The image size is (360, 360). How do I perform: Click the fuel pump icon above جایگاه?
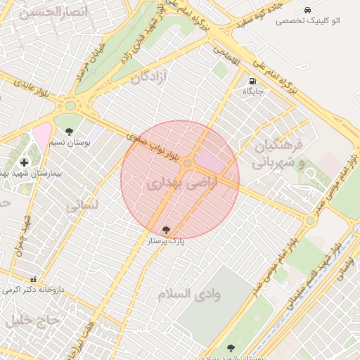(x=252, y=81)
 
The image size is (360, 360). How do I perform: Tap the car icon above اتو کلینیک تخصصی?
(x=307, y=10)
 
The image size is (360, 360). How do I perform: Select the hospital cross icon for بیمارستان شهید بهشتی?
(x=25, y=162)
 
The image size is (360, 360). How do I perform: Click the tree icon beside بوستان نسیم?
(x=69, y=131)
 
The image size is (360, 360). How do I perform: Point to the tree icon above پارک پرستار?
(x=166, y=229)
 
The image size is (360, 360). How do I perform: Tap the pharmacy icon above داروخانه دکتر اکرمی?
(x=33, y=278)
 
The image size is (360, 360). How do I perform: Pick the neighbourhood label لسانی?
(x=82, y=206)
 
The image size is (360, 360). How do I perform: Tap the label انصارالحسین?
(x=44, y=12)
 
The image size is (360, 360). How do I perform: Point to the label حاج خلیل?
(x=29, y=321)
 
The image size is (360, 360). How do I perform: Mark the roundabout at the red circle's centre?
(x=188, y=164)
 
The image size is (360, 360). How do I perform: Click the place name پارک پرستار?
(x=166, y=240)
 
